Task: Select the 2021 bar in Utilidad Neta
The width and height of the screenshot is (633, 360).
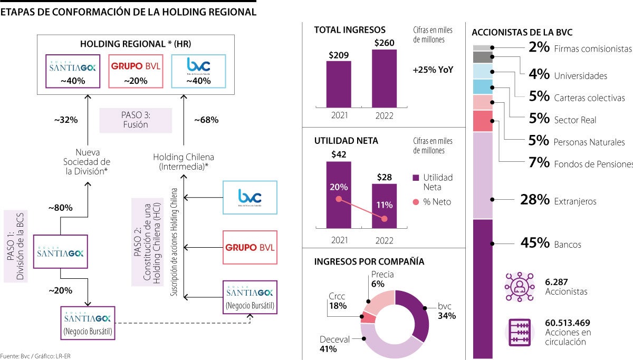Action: [x=339, y=195]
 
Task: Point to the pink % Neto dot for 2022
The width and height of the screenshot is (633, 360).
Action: [x=384, y=219]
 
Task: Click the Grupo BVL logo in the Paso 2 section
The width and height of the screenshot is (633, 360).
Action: [x=250, y=247]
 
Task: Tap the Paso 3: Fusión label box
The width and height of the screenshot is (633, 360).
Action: [x=136, y=120]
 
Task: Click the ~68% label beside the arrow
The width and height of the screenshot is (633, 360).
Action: [x=206, y=120]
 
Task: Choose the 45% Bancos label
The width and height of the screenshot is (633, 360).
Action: [x=551, y=244]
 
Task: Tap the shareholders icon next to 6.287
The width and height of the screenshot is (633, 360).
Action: [x=519, y=287]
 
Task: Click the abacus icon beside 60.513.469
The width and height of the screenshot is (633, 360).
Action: [x=519, y=332]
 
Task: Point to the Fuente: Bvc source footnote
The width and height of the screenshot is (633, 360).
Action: [x=35, y=356]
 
